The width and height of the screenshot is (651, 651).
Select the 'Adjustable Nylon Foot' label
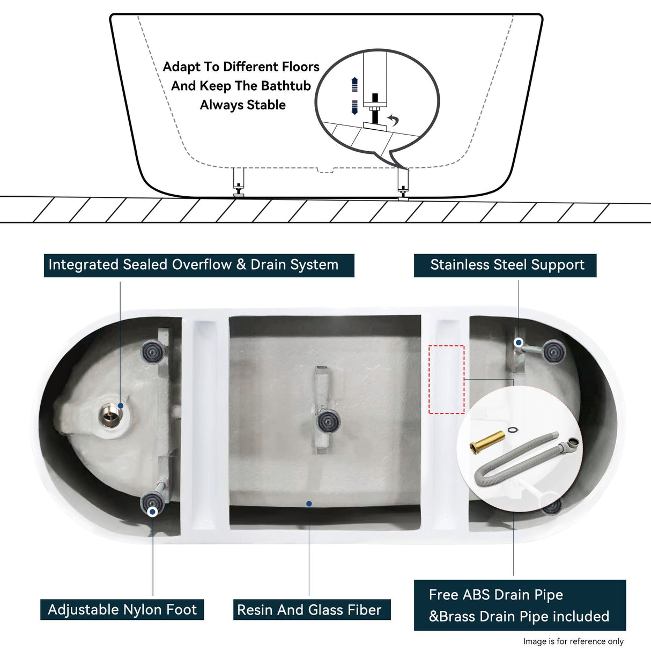[122, 610]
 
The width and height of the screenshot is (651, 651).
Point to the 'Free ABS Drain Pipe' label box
[519, 605]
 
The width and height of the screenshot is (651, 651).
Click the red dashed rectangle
[446, 379]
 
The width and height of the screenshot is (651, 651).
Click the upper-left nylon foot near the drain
[151, 352]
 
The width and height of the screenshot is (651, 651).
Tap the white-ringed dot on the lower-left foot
[152, 512]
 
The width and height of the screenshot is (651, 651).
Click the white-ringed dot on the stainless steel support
[519, 342]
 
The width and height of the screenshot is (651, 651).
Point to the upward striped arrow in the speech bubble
[354, 85]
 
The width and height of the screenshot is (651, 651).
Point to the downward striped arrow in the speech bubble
[354, 107]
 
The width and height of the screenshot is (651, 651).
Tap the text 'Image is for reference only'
[573, 641]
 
